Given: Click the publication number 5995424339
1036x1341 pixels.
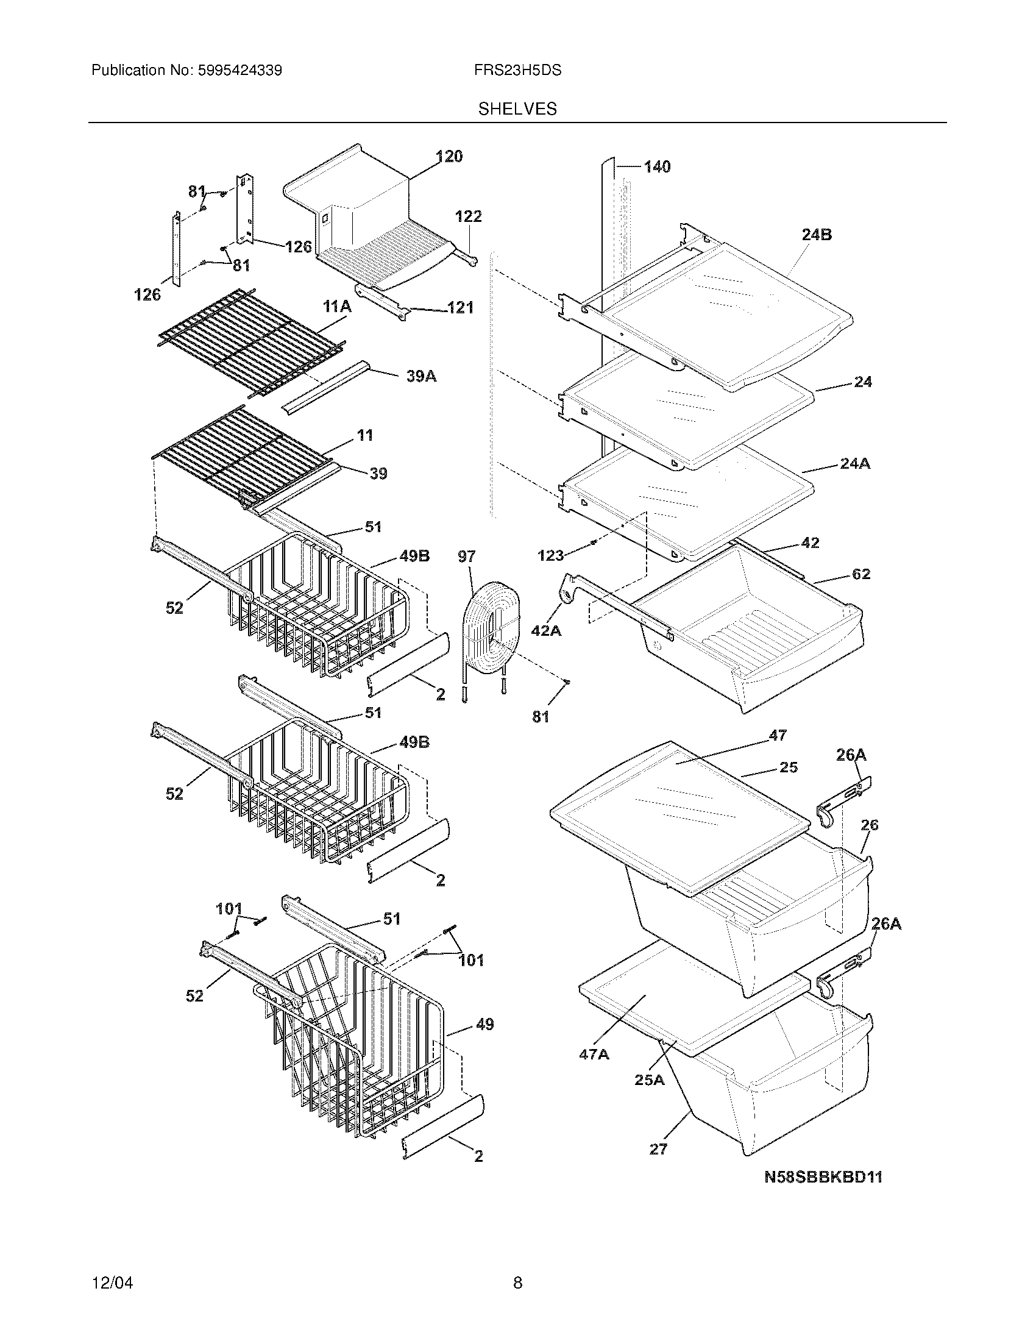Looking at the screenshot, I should pos(239,70).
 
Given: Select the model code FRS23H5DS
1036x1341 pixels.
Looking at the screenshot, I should pos(517,70).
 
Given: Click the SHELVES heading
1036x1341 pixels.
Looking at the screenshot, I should pos(517,108).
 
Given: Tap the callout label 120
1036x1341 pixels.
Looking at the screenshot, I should pos(449,157).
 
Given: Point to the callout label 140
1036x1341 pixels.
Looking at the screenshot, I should pos(657,166).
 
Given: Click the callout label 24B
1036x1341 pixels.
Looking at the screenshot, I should pos(816,235).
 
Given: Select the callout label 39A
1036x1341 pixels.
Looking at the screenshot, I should pos(421,376).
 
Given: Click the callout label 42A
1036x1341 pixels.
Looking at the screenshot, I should pos(545,630).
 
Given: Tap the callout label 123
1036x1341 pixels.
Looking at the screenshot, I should pos(550,556).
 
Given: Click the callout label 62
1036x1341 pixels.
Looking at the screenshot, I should pos(861,574).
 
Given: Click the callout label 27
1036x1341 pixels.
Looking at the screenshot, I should pos(658,1149).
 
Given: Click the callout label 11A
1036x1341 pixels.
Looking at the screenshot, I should pos(337,307).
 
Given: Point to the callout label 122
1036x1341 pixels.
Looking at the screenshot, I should pos(468,216).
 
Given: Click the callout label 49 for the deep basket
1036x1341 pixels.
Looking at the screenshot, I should pos(484,1024).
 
